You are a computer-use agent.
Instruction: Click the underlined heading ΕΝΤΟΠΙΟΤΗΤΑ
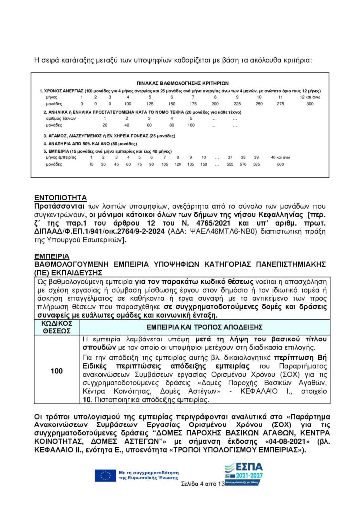[x=61, y=196]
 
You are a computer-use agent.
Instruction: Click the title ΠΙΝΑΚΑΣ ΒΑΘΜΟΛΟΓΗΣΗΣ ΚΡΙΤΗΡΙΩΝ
[x=182, y=83]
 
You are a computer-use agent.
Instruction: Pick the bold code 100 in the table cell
[x=57, y=371]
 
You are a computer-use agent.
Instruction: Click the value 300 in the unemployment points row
[x=310, y=104]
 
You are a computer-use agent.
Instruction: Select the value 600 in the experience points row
[x=280, y=164]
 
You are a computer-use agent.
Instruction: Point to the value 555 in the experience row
[x=230, y=164]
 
